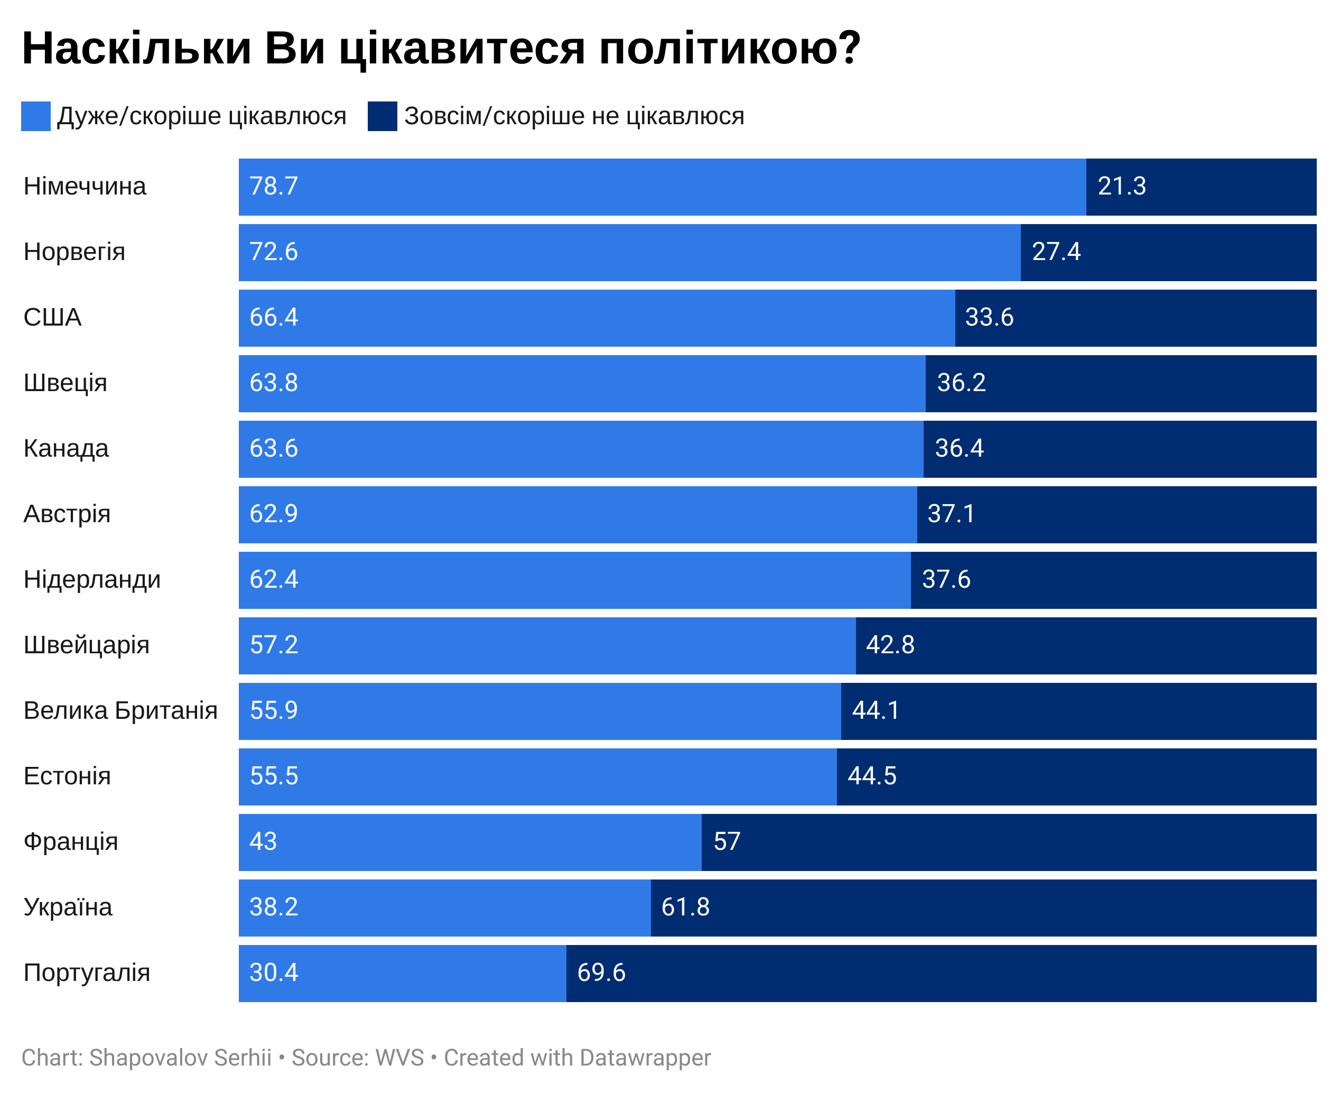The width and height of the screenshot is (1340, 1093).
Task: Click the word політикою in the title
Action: pyautogui.click(x=729, y=49)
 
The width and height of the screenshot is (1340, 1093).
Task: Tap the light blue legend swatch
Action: pyautogui.click(x=35, y=116)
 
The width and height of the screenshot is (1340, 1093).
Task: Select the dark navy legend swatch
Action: pyautogui.click(x=382, y=116)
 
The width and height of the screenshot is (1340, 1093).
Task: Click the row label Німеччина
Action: pyautogui.click(x=85, y=187)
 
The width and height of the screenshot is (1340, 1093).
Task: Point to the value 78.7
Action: pyautogui.click(x=274, y=187)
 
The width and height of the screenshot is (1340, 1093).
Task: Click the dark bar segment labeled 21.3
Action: pyautogui.click(x=1201, y=187)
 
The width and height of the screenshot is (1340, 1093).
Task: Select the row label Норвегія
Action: pyautogui.click(x=75, y=252)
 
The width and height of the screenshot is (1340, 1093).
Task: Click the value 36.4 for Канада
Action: pyautogui.click(x=959, y=448)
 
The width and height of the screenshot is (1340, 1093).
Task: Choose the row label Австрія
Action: pyautogui.click(x=67, y=514)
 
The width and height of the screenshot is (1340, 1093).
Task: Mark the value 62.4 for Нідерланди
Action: pyautogui.click(x=274, y=579)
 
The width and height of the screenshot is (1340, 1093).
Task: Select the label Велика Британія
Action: pyautogui.click(x=120, y=710)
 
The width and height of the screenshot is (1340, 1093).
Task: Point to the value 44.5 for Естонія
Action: pyautogui.click(x=872, y=776)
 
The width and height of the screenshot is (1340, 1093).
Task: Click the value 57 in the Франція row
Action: pyautogui.click(x=727, y=841)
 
